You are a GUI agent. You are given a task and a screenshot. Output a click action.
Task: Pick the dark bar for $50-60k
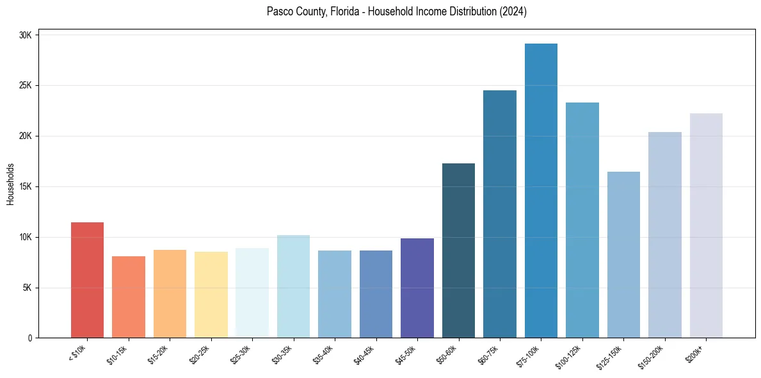(x=458, y=251)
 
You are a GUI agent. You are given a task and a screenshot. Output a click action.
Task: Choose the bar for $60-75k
(x=500, y=214)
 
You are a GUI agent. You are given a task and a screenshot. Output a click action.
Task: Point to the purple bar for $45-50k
(x=417, y=288)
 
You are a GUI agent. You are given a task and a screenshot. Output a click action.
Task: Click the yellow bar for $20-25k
(x=211, y=295)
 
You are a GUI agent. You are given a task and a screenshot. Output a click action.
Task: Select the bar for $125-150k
(x=623, y=254)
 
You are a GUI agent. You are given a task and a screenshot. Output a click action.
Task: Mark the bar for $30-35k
(x=293, y=286)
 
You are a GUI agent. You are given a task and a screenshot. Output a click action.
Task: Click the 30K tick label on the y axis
(x=26, y=35)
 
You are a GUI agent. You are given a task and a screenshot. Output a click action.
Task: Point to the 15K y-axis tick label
(x=26, y=186)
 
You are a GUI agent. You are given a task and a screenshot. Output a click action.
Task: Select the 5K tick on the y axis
(x=28, y=288)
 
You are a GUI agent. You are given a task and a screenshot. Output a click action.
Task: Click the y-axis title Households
(x=10, y=184)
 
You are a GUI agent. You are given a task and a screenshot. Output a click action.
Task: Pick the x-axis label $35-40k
(x=330, y=354)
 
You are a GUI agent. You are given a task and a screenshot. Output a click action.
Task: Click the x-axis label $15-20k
(x=165, y=354)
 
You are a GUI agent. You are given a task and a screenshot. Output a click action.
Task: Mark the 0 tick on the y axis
(x=30, y=338)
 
